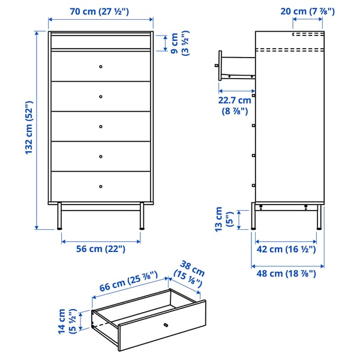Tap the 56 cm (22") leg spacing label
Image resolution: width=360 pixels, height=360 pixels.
[x=100, y=249]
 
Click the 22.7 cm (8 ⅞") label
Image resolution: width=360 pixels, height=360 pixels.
[x=235, y=106]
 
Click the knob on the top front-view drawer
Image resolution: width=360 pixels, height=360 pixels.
[x=101, y=65]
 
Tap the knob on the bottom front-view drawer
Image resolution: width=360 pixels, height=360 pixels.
[x=101, y=186]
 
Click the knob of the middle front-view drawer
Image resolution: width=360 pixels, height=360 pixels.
[x=101, y=126]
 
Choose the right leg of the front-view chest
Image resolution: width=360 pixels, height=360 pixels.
[x=142, y=216]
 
